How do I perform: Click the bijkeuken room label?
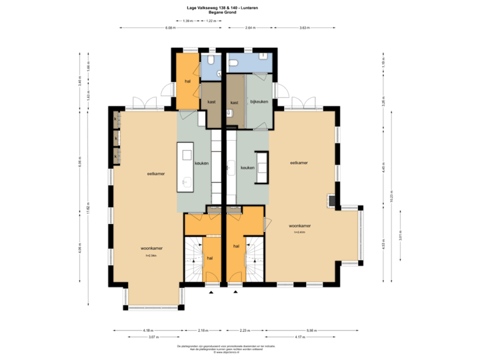(x=258, y=102)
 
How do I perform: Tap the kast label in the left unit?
(x=211, y=102)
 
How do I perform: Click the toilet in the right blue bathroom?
(x=233, y=65)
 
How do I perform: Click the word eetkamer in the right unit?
(x=299, y=163)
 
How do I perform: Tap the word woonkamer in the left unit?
(x=152, y=249)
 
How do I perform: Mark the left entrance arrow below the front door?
(x=211, y=292)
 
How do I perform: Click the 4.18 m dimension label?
(x=148, y=330)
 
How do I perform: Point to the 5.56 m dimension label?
(x=311, y=330)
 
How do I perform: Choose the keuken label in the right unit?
(x=248, y=168)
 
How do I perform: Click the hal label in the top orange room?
(x=188, y=81)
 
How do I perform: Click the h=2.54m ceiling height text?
(x=151, y=255)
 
